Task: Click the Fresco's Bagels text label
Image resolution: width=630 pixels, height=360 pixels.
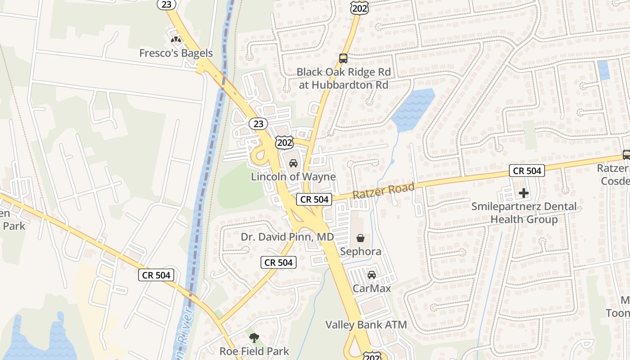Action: [175, 53]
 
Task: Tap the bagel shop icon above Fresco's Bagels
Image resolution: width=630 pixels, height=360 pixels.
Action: [175, 40]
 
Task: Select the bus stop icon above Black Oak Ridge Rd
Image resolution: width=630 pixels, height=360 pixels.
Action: [343, 58]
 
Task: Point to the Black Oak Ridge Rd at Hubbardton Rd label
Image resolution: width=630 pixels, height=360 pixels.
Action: [343, 78]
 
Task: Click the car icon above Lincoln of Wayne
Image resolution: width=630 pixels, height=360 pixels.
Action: [293, 163]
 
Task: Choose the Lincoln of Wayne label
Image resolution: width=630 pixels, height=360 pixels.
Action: [293, 176]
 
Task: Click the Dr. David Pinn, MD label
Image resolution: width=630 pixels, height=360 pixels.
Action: [287, 237]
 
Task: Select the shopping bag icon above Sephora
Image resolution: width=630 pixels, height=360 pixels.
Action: [360, 238]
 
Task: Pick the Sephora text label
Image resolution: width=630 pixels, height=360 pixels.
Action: [360, 251]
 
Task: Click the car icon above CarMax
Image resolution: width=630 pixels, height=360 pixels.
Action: [372, 275]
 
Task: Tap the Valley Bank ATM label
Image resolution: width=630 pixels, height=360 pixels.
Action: [366, 324]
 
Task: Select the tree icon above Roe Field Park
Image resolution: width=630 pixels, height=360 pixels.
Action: [254, 337]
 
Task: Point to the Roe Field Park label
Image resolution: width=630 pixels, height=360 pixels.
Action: [254, 351]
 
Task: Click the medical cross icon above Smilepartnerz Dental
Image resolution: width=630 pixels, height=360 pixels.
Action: [524, 193]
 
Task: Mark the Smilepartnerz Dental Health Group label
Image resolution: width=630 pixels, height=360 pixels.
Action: [524, 213]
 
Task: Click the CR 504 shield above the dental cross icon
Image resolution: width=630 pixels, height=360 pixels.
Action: [527, 171]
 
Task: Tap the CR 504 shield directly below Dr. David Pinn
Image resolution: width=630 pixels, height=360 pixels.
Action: [279, 262]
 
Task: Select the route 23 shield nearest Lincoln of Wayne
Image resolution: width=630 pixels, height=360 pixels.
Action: [258, 123]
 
